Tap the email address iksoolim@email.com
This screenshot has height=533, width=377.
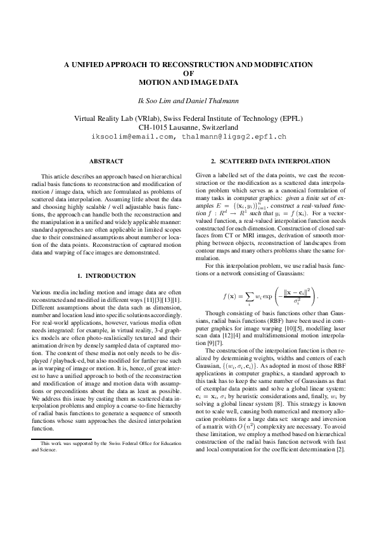click(x=132, y=136)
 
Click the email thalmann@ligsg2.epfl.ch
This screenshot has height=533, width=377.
click(x=233, y=136)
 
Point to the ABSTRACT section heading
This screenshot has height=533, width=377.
click(x=106, y=162)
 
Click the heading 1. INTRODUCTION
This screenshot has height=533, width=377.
click(x=106, y=276)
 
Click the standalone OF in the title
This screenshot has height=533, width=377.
click(x=188, y=73)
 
